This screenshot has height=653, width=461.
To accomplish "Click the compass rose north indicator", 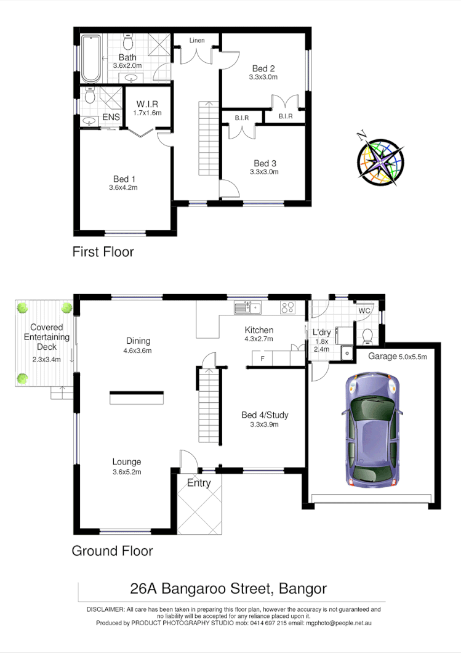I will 363,136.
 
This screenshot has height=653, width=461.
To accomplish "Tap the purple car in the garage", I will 371,429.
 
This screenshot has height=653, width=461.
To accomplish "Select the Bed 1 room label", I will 121,179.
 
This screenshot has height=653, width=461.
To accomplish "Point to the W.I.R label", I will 148,104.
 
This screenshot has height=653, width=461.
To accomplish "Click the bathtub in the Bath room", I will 91,59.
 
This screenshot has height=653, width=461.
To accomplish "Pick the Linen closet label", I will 197,41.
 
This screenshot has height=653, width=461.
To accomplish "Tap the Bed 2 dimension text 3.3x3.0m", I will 263,78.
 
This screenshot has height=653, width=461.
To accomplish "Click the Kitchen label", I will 259,330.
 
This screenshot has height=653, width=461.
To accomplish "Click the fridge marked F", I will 263,358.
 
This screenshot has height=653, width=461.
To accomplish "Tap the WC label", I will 364,311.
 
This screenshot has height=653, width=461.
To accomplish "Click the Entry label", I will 199,483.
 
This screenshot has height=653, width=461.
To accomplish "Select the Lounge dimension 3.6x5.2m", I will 127,472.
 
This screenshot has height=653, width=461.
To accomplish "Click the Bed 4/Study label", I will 265,415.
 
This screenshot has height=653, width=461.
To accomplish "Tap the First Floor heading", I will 103,251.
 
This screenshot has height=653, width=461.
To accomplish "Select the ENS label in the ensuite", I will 111,117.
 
